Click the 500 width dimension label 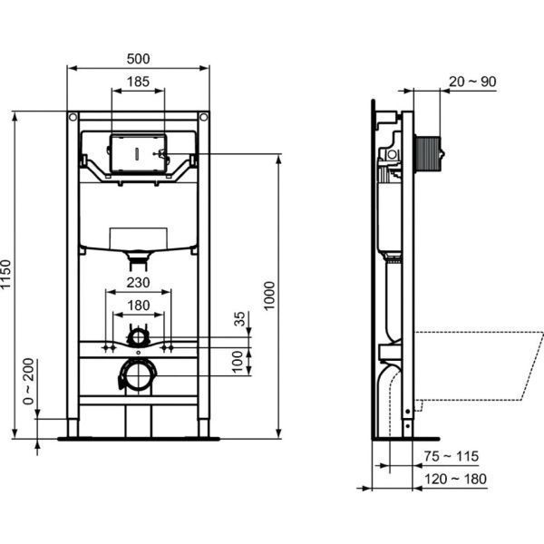pos(138,59)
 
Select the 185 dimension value pos(138,83)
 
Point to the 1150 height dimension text pos(8,275)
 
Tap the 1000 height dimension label pos(269,296)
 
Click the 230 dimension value pos(138,283)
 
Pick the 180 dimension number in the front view pos(138,305)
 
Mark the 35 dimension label pos(239,319)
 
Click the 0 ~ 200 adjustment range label pos(29,382)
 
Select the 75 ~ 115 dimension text pos(453,457)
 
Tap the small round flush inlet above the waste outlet pos(138,336)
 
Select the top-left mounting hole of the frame pos(73,117)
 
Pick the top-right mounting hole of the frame pos(204,117)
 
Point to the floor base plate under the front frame pos(138,438)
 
